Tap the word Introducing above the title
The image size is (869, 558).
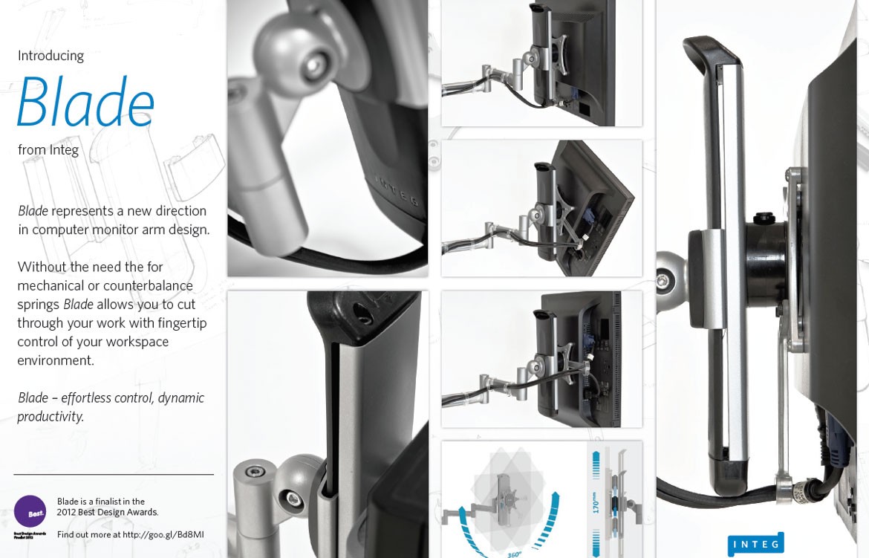point(51,56)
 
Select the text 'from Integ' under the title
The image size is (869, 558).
point(48,150)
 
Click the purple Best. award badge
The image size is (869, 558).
point(30,512)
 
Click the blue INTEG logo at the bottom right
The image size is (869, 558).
point(755,544)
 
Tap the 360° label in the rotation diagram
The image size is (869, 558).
point(514,554)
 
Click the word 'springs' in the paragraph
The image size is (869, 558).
point(39,304)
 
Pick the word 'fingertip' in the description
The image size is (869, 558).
point(181,323)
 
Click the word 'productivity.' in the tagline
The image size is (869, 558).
point(51,416)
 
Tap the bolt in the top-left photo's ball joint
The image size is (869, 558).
point(315,64)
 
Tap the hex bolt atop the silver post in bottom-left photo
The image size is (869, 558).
point(255,472)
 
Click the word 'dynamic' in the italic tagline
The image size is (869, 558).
point(180,398)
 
